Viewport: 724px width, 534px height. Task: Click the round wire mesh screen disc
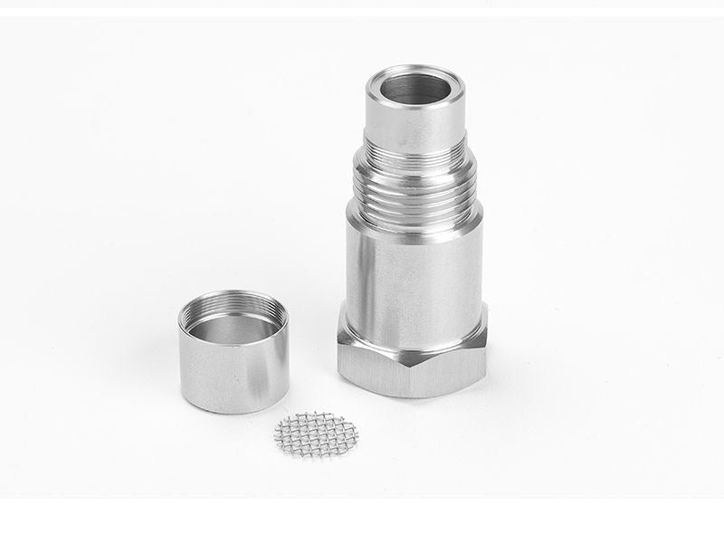[x=316, y=434]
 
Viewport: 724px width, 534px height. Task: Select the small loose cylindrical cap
[x=233, y=353]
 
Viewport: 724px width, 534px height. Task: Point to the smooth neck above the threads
[x=414, y=127]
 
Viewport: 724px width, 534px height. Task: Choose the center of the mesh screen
[x=316, y=434]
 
